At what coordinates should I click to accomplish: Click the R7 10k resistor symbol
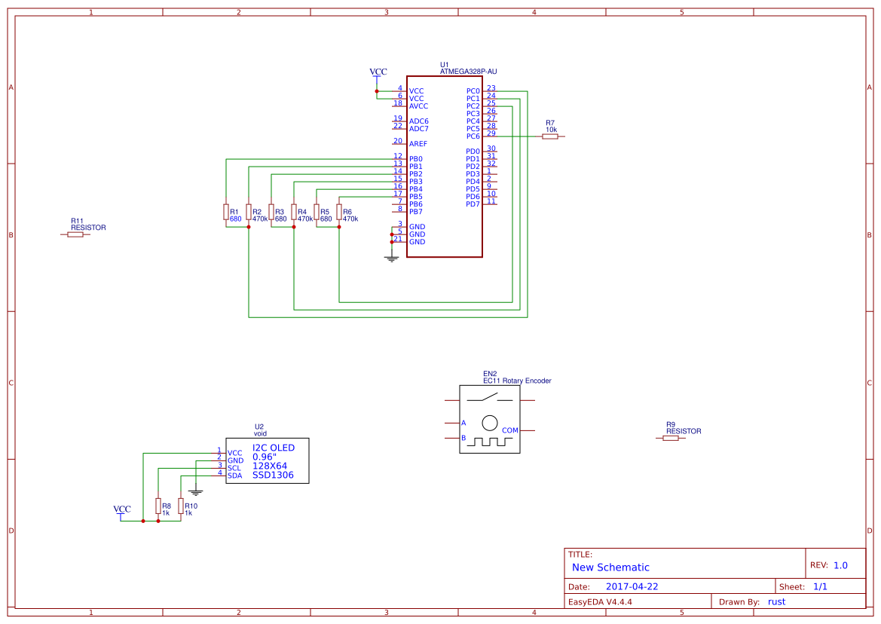click(550, 136)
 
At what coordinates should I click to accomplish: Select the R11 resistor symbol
click(75, 234)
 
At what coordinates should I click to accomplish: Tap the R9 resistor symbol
click(671, 438)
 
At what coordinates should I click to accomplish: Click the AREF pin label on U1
click(418, 144)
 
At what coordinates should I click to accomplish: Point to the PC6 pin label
click(473, 136)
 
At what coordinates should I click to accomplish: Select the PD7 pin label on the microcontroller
click(473, 204)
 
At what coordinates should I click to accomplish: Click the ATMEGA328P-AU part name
click(468, 72)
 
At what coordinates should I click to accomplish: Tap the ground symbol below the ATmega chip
click(391, 258)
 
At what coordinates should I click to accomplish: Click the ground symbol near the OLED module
click(195, 491)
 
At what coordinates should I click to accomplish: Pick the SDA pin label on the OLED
click(234, 476)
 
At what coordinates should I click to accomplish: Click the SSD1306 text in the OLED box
click(273, 476)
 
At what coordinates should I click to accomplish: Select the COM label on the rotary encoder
click(510, 430)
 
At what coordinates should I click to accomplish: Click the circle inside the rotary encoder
click(490, 423)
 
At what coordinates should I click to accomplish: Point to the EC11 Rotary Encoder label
click(517, 381)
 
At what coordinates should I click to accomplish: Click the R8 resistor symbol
click(158, 506)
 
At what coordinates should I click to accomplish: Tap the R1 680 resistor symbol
click(226, 212)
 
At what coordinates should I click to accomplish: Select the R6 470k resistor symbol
click(339, 212)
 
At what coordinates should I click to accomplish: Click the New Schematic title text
click(610, 567)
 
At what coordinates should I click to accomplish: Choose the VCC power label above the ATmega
click(378, 72)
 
